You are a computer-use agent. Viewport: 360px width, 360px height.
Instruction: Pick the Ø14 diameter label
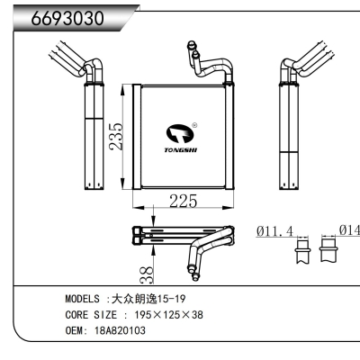pos(347,231)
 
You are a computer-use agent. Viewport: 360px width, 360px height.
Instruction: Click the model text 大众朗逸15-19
pos(152,299)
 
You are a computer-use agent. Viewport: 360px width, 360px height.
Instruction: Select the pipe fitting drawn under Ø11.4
pos(301,251)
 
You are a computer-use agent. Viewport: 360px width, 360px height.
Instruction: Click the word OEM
pos(76,330)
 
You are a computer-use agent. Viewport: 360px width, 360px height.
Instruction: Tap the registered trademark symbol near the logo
pos(195,126)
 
